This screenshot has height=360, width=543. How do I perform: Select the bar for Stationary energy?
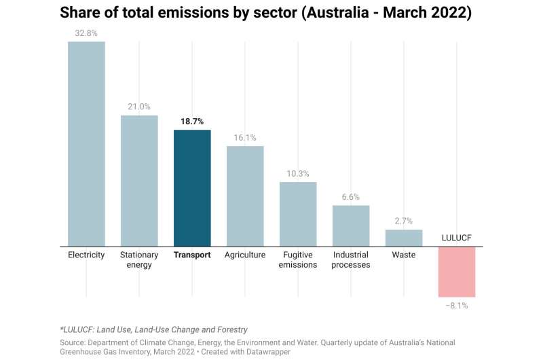[x=139, y=181]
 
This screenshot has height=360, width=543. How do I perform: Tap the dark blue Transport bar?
[x=192, y=188]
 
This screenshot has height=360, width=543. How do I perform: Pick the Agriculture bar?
[x=245, y=196]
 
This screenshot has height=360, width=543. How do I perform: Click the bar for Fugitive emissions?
[x=298, y=214]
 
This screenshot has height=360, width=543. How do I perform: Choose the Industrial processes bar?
[x=351, y=226]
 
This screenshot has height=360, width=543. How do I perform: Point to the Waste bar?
[x=404, y=238]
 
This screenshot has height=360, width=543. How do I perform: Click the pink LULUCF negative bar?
[x=457, y=272]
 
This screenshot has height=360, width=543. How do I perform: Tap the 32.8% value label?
[x=86, y=33]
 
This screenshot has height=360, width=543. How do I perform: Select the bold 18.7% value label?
[x=192, y=121]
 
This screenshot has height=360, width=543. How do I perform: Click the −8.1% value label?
[x=457, y=306]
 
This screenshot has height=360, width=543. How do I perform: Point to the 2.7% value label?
[x=404, y=221]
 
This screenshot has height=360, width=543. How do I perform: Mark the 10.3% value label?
[x=298, y=173]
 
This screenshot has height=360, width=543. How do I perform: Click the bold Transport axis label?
[x=192, y=255]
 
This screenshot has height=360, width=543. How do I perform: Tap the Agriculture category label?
[x=245, y=255]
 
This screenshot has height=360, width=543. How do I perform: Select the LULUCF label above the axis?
[x=457, y=238]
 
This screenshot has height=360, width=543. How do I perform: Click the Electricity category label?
[x=86, y=255]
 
